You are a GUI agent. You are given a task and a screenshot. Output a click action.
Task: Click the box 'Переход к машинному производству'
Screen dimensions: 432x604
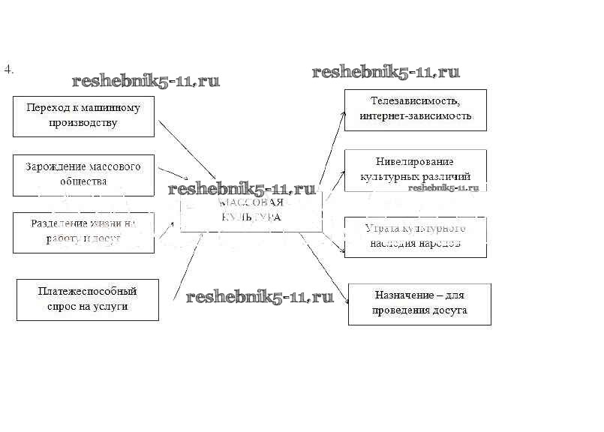pyautogui.click(x=83, y=115)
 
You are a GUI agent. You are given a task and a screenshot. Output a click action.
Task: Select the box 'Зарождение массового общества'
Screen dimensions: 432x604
pyautogui.click(x=83, y=174)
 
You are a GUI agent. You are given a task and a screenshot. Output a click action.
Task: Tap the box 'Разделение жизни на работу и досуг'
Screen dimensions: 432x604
pyautogui.click(x=83, y=232)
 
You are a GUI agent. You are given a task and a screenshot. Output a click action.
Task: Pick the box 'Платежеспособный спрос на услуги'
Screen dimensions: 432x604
pyautogui.click(x=87, y=299)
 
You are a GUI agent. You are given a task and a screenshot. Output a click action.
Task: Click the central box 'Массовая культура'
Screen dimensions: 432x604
pyautogui.click(x=251, y=211)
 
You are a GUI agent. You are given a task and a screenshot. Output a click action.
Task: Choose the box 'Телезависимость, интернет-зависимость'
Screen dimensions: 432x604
pyautogui.click(x=415, y=109)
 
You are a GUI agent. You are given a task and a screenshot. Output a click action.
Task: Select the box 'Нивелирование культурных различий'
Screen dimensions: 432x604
pyautogui.click(x=415, y=169)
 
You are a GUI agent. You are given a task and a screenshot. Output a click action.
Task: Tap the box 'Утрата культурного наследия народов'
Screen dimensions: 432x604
pyautogui.click(x=415, y=236)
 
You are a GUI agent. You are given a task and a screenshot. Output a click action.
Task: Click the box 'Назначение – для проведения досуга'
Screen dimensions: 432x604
pyautogui.click(x=419, y=303)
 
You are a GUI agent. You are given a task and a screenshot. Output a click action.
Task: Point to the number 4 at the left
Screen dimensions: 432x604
pyautogui.click(x=8, y=70)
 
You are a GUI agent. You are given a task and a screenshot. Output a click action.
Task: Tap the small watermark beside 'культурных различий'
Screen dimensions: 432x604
pyautogui.click(x=443, y=187)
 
